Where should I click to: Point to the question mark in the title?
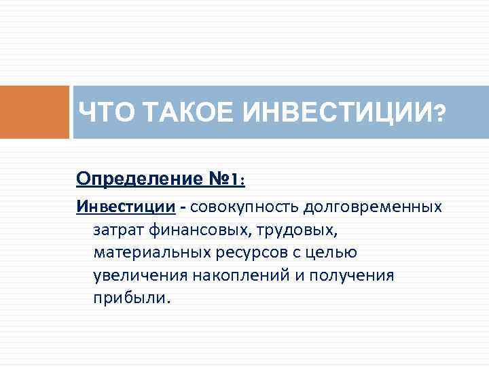441,113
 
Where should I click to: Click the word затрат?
116,230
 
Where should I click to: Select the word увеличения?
133,276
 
